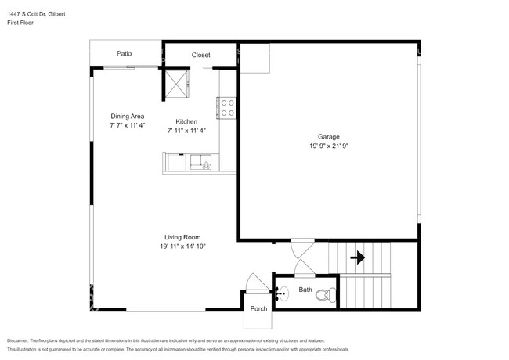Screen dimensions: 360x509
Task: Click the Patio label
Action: coord(124,54)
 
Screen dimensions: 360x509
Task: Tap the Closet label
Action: coord(201,55)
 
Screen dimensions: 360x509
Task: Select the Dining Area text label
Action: coord(127,117)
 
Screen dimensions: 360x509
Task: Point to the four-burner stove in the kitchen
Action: coord(227,107)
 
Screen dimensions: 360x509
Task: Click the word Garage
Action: coord(328,137)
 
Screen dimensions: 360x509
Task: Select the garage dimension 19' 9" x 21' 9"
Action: coord(328,146)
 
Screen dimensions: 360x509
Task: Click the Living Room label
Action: coord(182,237)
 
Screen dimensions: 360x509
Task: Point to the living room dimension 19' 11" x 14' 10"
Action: coord(182,247)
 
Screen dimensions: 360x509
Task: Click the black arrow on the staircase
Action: coord(360,256)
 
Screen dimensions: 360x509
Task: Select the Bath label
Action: coord(305,289)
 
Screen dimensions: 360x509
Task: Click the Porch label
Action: coord(258,308)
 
